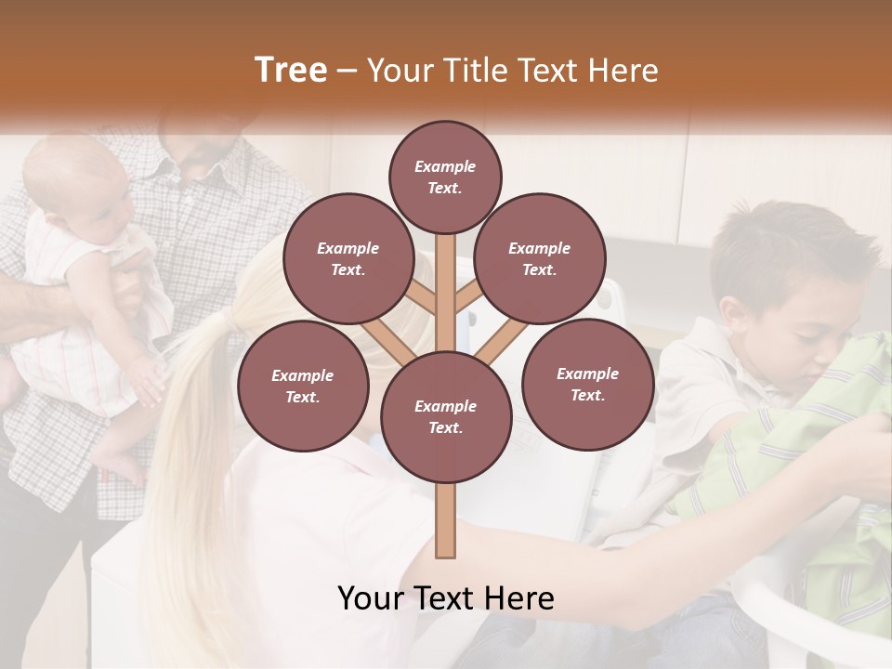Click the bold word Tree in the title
point(291,70)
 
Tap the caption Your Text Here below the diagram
point(445,598)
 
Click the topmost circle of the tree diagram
point(445,177)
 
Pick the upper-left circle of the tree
point(348,258)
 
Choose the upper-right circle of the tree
point(539,258)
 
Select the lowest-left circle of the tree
point(303,386)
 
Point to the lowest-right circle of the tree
point(587,384)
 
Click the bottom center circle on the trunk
point(445,416)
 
